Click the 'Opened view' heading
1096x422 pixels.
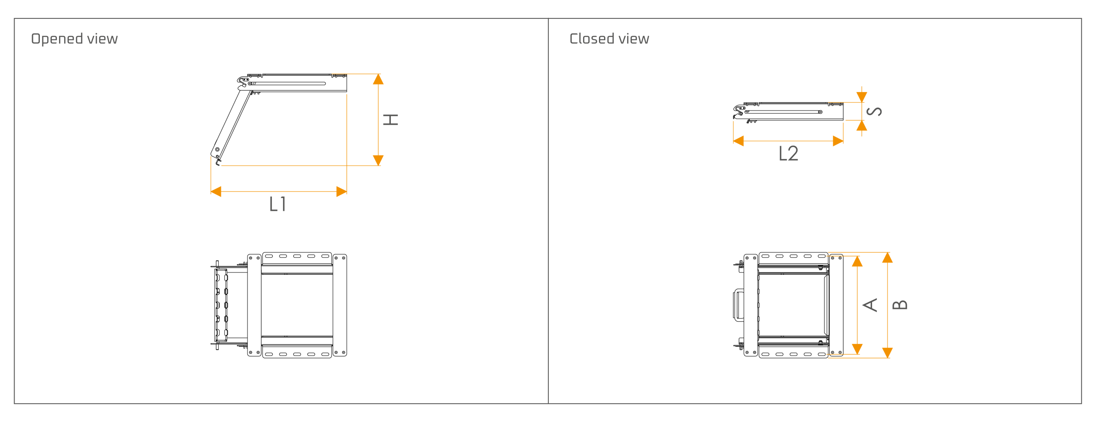74,39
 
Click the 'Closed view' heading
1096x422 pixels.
609,39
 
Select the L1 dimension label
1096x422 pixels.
277,204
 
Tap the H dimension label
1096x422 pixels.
390,120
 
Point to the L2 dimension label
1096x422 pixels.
788,153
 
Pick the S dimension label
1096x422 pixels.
874,111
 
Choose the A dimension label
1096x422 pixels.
870,305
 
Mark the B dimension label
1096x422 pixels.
899,305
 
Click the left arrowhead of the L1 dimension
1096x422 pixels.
216,192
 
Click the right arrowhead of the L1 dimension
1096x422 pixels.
341,192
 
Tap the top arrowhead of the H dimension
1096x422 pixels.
378,79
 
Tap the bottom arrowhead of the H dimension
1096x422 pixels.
378,160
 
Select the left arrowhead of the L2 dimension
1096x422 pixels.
739,141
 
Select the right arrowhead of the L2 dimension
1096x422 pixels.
838,141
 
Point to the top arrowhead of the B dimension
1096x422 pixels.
888,257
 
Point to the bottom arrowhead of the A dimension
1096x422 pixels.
857,349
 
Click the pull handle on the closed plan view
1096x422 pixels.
739,305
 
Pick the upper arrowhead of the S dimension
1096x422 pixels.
862,97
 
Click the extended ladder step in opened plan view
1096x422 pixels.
221,305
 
